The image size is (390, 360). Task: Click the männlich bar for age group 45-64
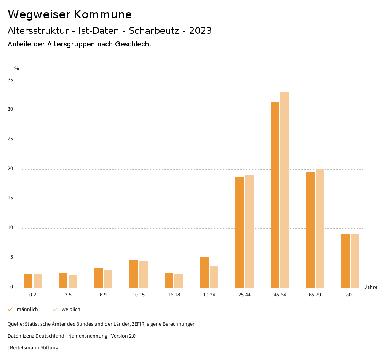pos(275,194)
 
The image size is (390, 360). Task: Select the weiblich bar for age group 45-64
pos(285,190)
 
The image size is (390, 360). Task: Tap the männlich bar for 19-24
pos(205,272)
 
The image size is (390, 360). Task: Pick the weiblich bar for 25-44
pos(249,231)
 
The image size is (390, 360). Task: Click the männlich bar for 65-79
pos(310,229)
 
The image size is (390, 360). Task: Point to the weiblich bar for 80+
pos(355,261)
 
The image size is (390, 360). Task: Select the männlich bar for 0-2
pos(28,281)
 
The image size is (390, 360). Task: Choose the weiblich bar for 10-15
pos(144,274)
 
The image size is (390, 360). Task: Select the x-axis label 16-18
pos(174,295)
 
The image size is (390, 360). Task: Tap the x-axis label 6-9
pos(103,295)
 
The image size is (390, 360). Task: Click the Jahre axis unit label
pos(371,287)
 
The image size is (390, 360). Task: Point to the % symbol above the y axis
pos(17,68)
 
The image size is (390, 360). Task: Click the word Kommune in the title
pos(103,14)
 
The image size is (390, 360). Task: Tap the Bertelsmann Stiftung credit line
pos(34,347)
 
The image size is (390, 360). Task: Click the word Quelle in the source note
pos(15,324)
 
